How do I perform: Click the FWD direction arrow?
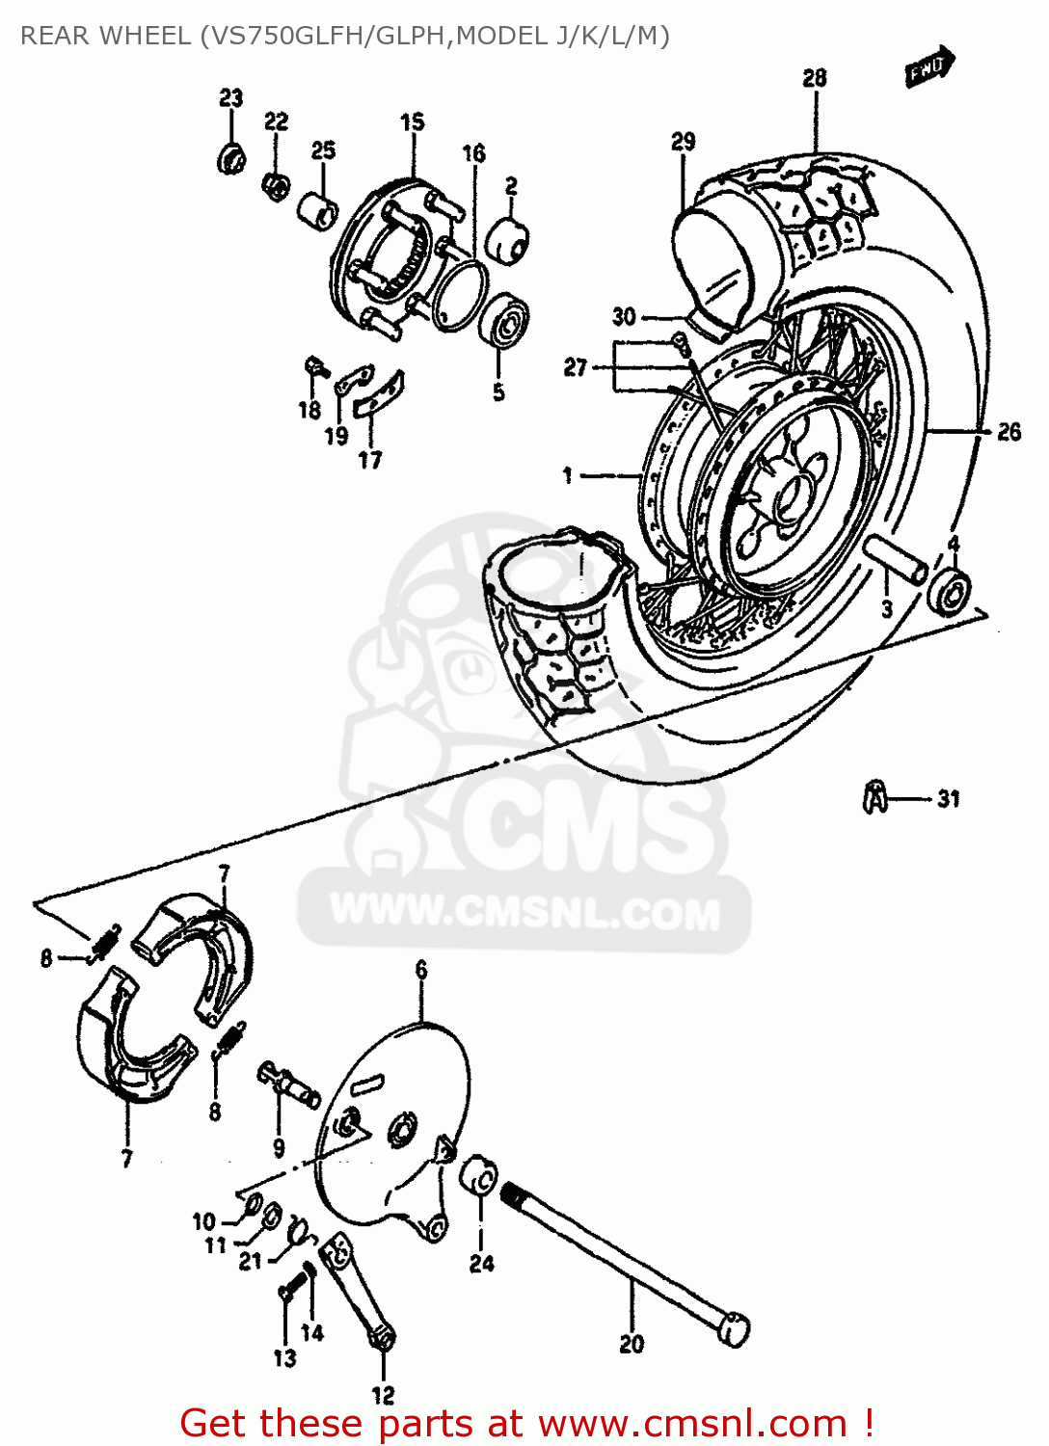click(928, 67)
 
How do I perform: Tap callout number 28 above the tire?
click(815, 78)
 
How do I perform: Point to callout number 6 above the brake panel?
click(421, 970)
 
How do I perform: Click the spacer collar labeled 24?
click(479, 1176)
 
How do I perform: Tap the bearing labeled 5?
click(504, 322)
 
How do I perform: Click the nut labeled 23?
click(231, 158)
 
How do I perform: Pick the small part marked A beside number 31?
click(874, 797)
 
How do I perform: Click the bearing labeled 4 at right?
click(950, 589)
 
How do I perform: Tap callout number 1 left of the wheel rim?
click(568, 475)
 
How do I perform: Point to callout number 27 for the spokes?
click(576, 367)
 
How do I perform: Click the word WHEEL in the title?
click(145, 37)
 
